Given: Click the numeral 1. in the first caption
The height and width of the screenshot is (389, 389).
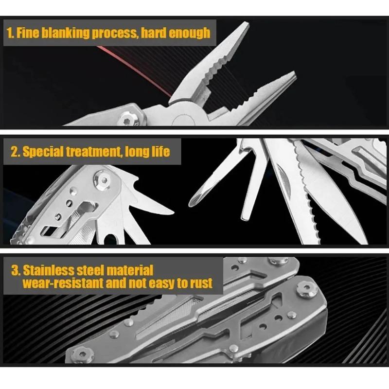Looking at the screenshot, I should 11,33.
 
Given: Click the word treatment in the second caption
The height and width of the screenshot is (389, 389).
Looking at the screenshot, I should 93,151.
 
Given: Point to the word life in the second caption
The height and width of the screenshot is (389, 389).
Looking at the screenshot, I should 158,151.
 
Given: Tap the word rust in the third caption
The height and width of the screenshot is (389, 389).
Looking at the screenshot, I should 201,283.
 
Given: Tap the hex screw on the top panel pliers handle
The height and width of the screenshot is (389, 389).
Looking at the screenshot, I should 128,118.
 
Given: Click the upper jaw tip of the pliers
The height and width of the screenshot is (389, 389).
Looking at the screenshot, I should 246,25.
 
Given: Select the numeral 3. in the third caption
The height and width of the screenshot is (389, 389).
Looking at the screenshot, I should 16,270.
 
